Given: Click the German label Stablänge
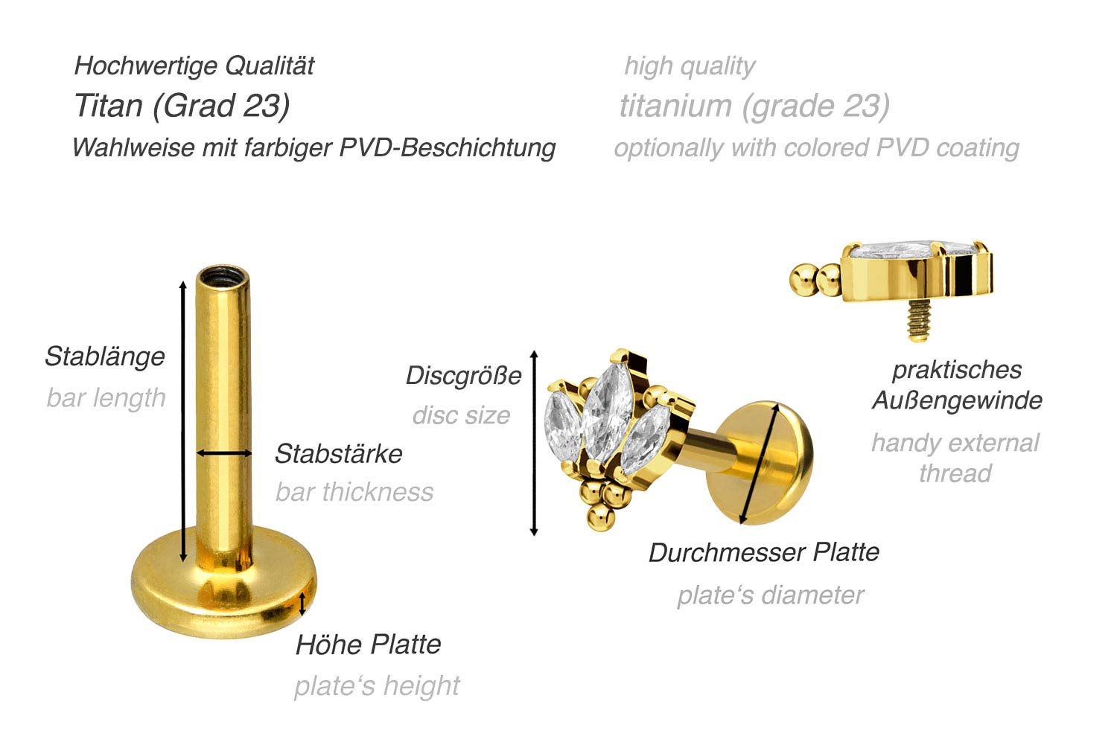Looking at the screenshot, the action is click(105, 356).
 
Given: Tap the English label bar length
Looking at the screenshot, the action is click(106, 397).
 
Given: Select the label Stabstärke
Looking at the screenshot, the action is click(339, 453).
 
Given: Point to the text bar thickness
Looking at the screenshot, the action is click(354, 492).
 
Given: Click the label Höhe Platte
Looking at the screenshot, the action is click(368, 645).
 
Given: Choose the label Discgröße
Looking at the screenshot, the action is click(464, 375).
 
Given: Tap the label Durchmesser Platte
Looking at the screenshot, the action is click(764, 552).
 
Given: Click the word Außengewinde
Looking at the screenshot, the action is click(957, 400).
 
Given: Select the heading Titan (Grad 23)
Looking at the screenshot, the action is click(182, 106).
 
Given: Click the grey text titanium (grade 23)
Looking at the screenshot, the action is click(754, 106).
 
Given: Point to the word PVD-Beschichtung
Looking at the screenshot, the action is click(448, 148).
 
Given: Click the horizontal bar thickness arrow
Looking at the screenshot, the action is click(224, 453).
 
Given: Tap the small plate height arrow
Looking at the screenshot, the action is click(302, 604).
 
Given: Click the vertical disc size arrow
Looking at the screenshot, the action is click(534, 443).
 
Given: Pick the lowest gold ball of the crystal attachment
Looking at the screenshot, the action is click(600, 518).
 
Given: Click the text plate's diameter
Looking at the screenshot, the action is click(771, 595).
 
